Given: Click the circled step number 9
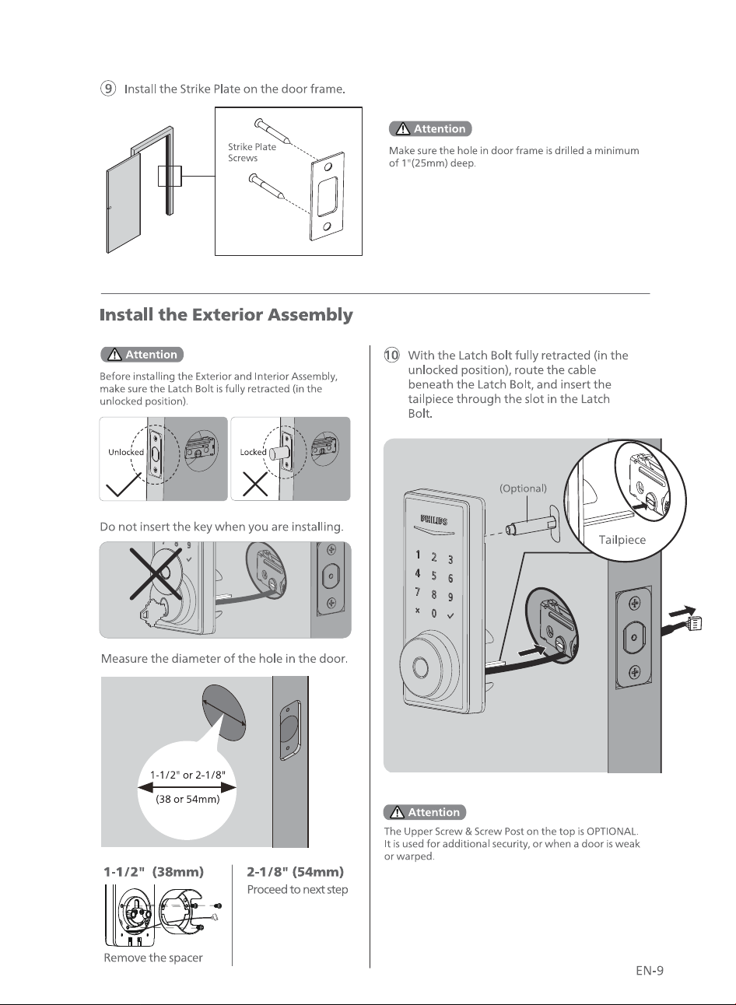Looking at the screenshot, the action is (x=107, y=89).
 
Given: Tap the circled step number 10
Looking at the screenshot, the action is (x=391, y=355).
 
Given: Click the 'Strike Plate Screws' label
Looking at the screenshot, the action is (x=252, y=152).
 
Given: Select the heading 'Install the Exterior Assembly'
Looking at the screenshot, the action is (x=226, y=314).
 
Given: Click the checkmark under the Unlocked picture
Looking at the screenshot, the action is (x=124, y=485).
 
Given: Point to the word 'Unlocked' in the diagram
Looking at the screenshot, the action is (x=126, y=452).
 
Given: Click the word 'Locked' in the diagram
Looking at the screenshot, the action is (x=253, y=452).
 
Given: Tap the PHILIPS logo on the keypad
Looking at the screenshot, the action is (x=433, y=520).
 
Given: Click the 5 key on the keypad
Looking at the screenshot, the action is (x=433, y=575).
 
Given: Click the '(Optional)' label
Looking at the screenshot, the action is (x=523, y=488).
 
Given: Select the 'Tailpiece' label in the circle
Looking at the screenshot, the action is (x=622, y=540).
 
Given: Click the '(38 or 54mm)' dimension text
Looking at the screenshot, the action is (x=188, y=799).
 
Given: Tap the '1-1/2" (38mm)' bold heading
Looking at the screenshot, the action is (x=153, y=872).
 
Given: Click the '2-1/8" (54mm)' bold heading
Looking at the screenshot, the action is (x=296, y=872).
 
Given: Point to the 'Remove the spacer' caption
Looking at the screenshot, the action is (x=153, y=958).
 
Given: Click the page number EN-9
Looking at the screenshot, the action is (x=650, y=971).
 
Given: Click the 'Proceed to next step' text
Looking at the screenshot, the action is (x=297, y=889).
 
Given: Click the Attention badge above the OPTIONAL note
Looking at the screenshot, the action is (x=425, y=812).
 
